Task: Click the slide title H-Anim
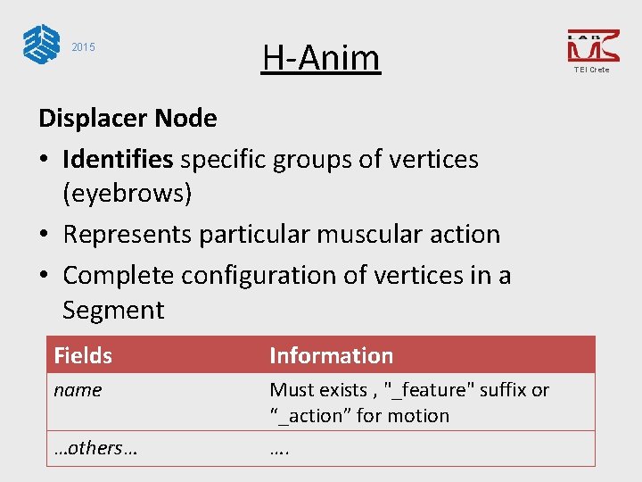pyautogui.click(x=321, y=59)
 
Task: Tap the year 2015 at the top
pyautogui.click(x=83, y=47)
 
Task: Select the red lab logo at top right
pyautogui.click(x=592, y=46)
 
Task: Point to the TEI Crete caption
pyautogui.click(x=592, y=70)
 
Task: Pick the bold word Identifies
pyautogui.click(x=118, y=160)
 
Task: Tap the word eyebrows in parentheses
pyautogui.click(x=128, y=193)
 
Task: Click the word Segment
pyautogui.click(x=113, y=311)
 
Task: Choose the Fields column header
pyautogui.click(x=83, y=355)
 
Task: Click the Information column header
pyautogui.click(x=331, y=355)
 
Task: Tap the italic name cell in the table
pyautogui.click(x=78, y=390)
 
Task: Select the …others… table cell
pyautogui.click(x=95, y=448)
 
